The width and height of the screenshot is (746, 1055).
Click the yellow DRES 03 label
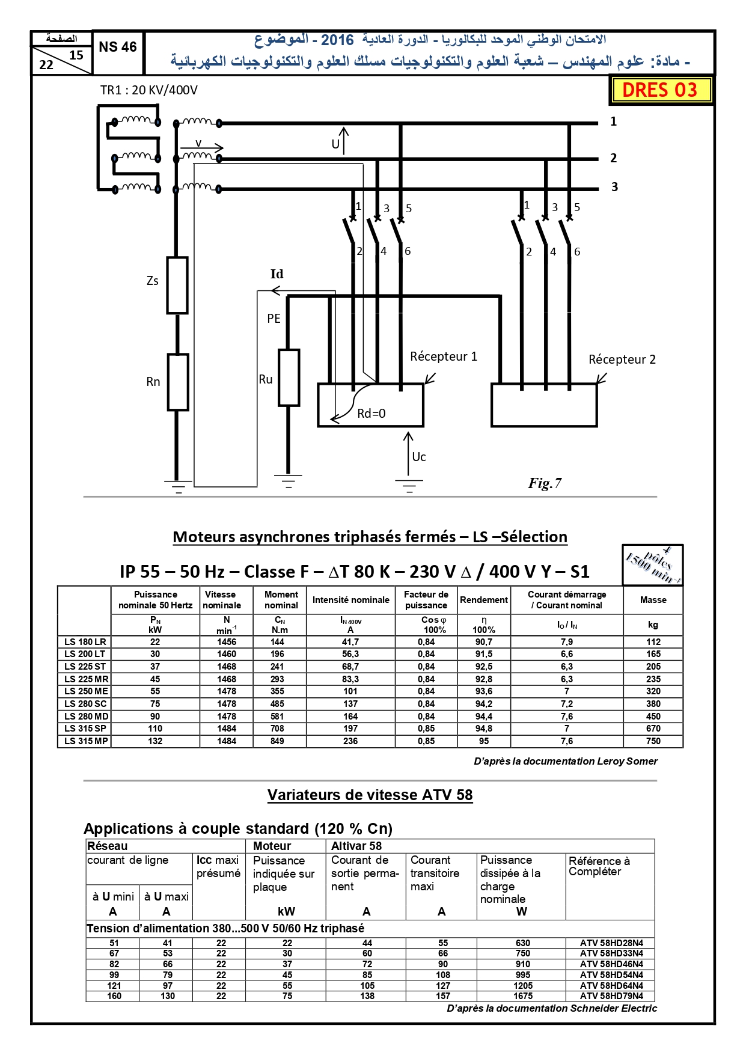(x=660, y=90)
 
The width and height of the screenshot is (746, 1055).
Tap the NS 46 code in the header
(x=118, y=47)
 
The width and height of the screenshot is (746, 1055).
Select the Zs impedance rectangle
(x=177, y=285)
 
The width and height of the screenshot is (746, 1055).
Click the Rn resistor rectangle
(x=178, y=382)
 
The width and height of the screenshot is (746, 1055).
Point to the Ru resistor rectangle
(x=289, y=378)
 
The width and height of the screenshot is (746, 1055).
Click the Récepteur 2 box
(x=544, y=405)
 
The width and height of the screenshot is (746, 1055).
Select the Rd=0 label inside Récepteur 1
(x=371, y=414)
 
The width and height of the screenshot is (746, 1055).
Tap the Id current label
(x=277, y=274)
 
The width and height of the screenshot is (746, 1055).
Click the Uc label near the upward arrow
(x=419, y=457)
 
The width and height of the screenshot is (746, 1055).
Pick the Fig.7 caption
(x=545, y=483)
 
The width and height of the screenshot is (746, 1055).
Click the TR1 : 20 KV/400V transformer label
(x=149, y=90)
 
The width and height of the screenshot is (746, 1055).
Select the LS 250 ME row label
(x=87, y=691)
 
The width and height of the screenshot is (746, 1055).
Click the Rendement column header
(x=484, y=600)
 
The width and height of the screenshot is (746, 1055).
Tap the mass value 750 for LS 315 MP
(x=653, y=741)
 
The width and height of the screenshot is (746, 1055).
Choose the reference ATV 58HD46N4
(x=611, y=964)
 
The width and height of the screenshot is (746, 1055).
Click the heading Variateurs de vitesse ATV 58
(x=370, y=795)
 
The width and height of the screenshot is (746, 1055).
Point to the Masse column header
(x=653, y=600)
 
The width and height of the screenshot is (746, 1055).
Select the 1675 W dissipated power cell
(x=523, y=996)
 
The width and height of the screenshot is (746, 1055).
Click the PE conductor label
(x=274, y=319)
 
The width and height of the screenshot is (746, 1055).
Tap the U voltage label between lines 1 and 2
(x=336, y=144)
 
